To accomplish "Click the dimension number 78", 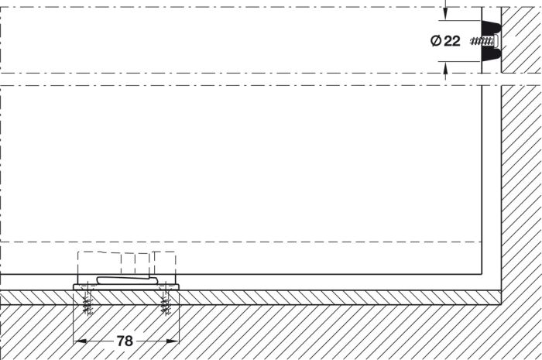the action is [x=125, y=341].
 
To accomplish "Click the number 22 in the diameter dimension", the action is [x=451, y=41].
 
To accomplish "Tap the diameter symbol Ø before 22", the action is [x=436, y=41].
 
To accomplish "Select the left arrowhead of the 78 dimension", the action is [x=80, y=341].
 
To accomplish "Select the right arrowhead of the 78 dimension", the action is [x=173, y=341].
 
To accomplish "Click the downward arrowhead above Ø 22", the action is [x=445, y=15].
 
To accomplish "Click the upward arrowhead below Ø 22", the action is [x=445, y=67].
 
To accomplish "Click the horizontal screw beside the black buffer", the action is [x=482, y=42].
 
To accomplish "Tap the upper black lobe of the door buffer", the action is [x=491, y=28].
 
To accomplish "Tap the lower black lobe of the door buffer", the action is [x=491, y=55].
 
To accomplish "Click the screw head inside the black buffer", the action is [x=496, y=41].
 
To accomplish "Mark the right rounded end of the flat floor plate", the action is [x=177, y=286].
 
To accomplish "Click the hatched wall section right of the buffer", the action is [x=522, y=40].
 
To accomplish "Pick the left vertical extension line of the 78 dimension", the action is [x=74, y=316].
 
